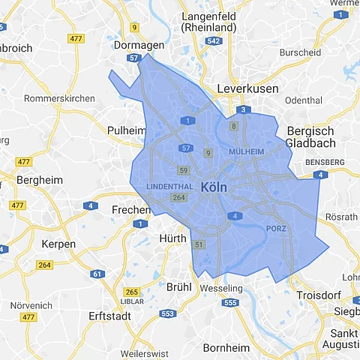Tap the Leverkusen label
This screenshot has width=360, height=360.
(247, 88)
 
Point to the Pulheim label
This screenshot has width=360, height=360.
(127, 130)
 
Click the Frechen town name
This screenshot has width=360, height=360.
(131, 211)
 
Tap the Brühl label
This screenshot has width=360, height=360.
(179, 286)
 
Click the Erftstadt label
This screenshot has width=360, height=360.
(109, 316)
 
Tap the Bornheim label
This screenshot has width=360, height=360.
(226, 347)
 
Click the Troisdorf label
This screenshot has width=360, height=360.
(321, 296)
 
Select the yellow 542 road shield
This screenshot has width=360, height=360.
(214, 41)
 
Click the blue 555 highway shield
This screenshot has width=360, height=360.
(230, 303)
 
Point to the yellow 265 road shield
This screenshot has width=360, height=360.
(132, 292)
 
